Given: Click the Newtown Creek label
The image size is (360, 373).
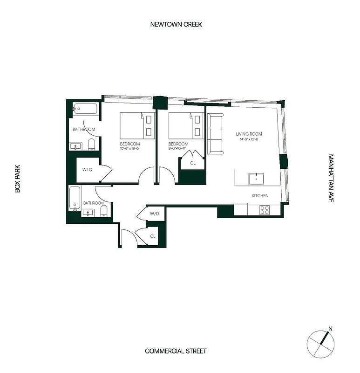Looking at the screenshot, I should tap(176, 24).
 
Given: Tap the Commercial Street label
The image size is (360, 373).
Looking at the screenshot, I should tap(176, 351).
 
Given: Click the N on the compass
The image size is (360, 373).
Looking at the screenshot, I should tap(331, 329).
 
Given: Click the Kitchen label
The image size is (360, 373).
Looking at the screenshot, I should tap(260, 195).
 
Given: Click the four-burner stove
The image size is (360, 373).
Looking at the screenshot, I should tap(265, 210).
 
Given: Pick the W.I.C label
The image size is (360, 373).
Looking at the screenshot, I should tap(88, 169).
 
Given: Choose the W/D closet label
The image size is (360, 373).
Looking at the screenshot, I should tap(154, 214).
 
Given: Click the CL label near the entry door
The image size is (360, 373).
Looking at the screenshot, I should tap(153, 236).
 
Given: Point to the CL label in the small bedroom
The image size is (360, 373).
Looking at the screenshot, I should tap(193, 163).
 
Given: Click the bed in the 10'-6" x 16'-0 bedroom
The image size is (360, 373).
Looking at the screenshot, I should tap(137, 125).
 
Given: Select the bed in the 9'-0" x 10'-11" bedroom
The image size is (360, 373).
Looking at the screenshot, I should tap(186, 125).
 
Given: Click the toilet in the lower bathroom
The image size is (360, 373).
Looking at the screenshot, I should tap(104, 212).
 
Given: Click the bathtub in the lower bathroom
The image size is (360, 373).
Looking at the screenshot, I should tap(75, 198).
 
